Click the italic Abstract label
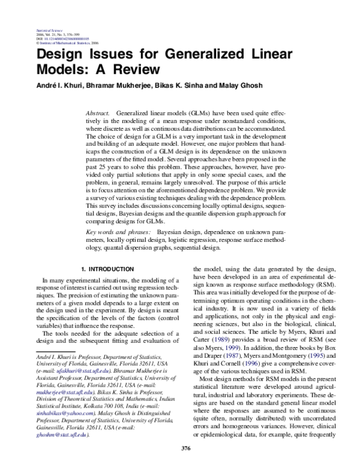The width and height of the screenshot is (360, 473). point(98,113)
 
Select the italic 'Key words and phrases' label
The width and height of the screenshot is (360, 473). point(118,230)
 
